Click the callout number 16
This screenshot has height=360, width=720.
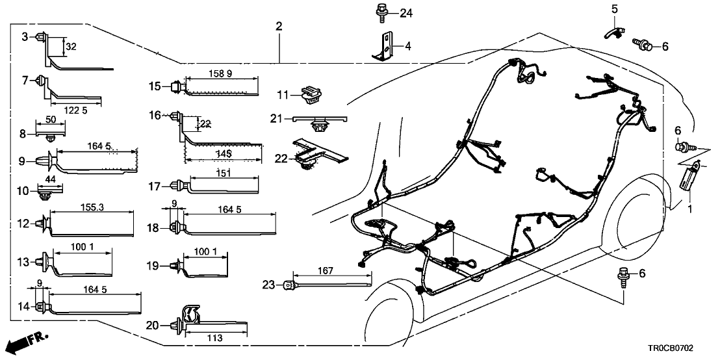pos(154,115)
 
